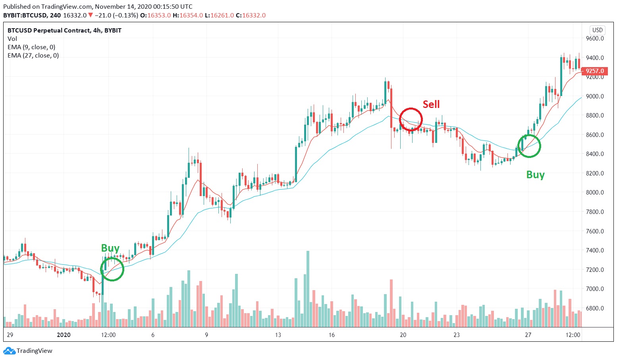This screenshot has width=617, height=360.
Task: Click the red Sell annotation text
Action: click(x=431, y=104)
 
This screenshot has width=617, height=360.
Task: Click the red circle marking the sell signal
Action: click(x=411, y=119)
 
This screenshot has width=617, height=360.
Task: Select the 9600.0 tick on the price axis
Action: click(x=595, y=39)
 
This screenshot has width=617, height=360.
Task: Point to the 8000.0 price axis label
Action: click(x=595, y=193)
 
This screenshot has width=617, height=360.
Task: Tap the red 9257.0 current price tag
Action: click(x=595, y=71)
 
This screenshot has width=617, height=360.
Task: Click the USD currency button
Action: click(x=597, y=30)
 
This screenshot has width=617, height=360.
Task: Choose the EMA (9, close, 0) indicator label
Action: click(x=31, y=47)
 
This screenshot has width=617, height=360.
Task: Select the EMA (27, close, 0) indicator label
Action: click(x=33, y=56)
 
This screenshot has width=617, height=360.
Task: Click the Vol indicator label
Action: click(x=12, y=39)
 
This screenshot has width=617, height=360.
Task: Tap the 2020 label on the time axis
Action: click(x=64, y=335)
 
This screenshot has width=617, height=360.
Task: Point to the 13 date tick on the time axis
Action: click(x=278, y=335)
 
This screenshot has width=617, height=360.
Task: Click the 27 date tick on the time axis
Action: click(x=528, y=335)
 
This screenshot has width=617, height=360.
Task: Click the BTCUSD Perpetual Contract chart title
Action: click(x=64, y=30)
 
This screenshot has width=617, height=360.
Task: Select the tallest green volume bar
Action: click(x=308, y=289)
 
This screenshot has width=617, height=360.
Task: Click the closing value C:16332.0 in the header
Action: click(x=251, y=15)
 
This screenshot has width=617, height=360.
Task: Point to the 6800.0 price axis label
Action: click(x=595, y=308)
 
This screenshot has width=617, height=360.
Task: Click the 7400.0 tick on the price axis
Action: click(x=595, y=250)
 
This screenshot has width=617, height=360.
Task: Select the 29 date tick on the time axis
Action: click(x=10, y=335)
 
